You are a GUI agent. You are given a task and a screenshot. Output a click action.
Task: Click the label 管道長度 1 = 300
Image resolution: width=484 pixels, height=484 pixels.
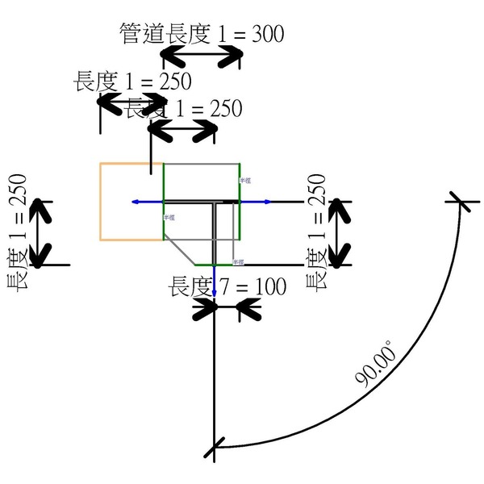point(201,34)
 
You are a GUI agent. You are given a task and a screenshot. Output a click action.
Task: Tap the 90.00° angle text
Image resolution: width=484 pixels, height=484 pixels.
point(375,366)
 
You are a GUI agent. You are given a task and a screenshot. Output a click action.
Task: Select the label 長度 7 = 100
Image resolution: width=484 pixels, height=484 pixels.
point(227,287)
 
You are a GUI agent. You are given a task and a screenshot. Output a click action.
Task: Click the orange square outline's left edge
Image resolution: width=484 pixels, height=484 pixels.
point(100,201)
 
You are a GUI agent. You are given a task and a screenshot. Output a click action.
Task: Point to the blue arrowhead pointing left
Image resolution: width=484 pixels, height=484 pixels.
point(136,201)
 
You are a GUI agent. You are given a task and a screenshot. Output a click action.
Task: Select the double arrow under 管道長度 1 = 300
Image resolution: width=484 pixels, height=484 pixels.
point(202,56)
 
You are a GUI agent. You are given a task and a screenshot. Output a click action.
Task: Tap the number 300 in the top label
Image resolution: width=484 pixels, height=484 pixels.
point(268,34)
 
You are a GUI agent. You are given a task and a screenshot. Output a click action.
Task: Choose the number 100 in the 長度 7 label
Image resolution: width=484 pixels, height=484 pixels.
point(269,287)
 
